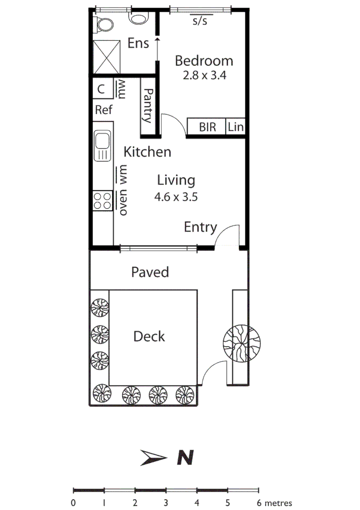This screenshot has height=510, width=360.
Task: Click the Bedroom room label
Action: pyautogui.click(x=204, y=61)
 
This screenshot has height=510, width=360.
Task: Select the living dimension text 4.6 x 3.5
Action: pyautogui.click(x=176, y=196)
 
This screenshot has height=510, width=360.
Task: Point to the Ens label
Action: pyautogui.click(x=138, y=44)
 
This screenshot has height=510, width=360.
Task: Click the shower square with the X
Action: pyautogui.click(x=106, y=57)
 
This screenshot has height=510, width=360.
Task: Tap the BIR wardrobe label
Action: pyautogui.click(x=207, y=127)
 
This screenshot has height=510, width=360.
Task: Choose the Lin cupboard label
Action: pyautogui.click(x=235, y=127)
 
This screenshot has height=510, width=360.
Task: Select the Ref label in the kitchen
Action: pyautogui.click(x=104, y=110)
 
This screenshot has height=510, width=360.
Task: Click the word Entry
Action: pyautogui.click(x=200, y=228)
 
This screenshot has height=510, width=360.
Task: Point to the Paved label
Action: pyautogui.click(x=150, y=272)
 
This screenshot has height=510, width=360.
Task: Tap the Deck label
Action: pyautogui.click(x=149, y=337)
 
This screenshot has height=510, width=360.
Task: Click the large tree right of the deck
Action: pyautogui.click(x=241, y=342)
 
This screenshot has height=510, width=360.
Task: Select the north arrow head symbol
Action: pyautogui.click(x=154, y=457)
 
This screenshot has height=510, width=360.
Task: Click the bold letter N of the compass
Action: pyautogui.click(x=185, y=457)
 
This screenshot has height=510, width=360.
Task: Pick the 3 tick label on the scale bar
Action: pyautogui.click(x=166, y=503)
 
